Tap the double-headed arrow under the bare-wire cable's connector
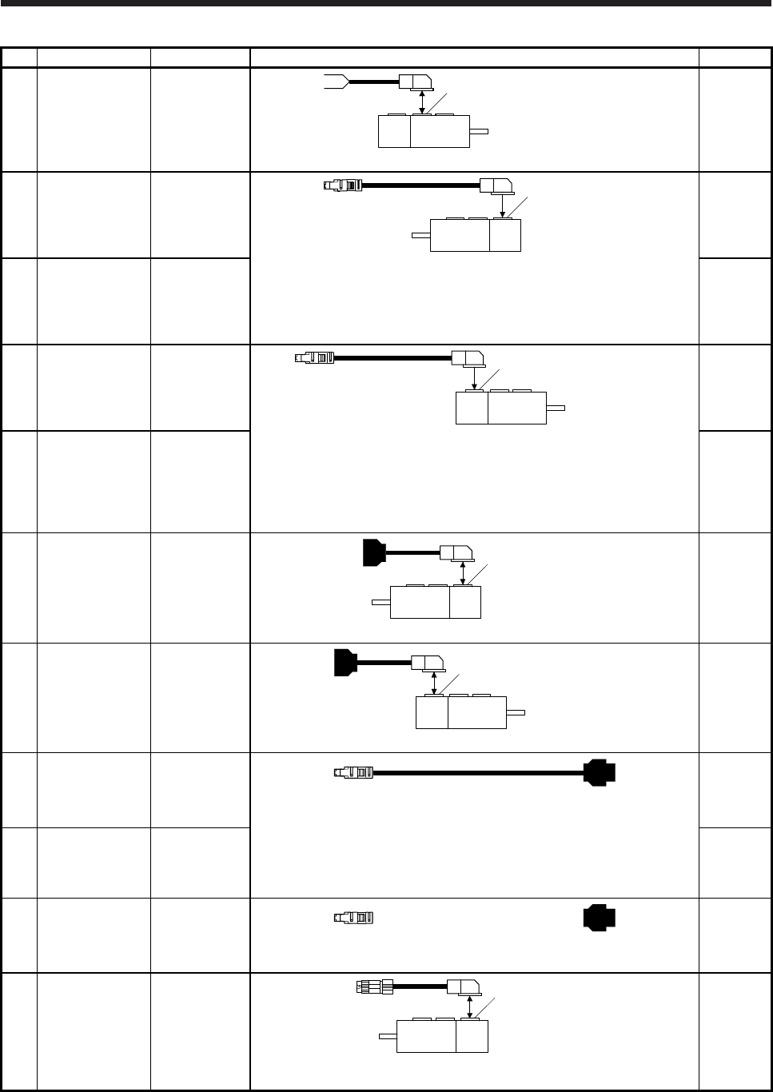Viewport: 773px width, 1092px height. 422,102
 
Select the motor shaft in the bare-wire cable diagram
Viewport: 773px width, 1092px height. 478,131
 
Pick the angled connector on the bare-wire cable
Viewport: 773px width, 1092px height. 416,82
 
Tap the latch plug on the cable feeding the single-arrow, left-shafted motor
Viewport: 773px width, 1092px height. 343,185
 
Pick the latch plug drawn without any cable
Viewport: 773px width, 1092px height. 354,916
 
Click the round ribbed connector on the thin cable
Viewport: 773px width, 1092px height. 373,987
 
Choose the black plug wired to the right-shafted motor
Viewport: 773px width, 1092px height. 345,663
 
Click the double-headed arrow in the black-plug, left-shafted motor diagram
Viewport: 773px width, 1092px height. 464,572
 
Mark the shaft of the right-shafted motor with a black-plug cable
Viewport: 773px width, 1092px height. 516,711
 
